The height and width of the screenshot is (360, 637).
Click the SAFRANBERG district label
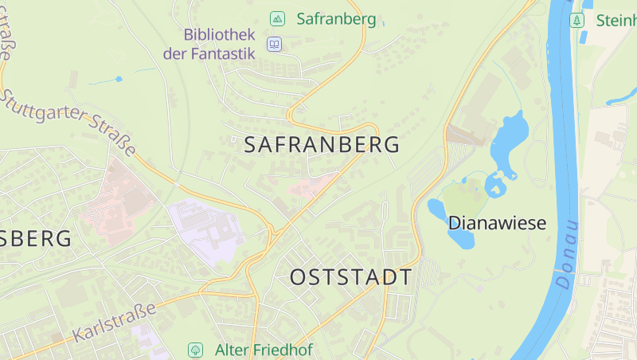click(x=321, y=146)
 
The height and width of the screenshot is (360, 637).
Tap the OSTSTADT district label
click(x=351, y=278)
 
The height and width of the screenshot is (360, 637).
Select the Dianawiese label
click(x=497, y=223)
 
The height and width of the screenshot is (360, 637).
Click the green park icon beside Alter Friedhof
click(x=195, y=350)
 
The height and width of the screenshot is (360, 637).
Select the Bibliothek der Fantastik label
click(x=209, y=45)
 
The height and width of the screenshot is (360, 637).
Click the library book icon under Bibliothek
click(x=275, y=45)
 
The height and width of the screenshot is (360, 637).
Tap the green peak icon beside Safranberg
click(x=277, y=18)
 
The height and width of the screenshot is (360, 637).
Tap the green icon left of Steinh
click(x=577, y=19)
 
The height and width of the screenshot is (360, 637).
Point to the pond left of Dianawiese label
click(x=438, y=210)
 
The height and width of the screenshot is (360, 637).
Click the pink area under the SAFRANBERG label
click(x=312, y=187)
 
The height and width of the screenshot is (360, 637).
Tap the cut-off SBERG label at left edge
click(x=36, y=238)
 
